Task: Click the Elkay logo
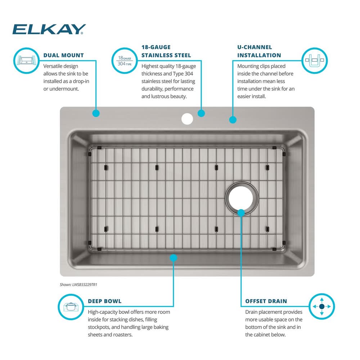pos(49,29)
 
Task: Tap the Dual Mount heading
pos(64,55)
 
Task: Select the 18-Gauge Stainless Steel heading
pos(166,51)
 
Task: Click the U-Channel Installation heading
pos(259,51)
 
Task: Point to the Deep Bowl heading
pos(105,301)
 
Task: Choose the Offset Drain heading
pos(266,301)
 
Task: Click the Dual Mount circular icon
pos(26,60)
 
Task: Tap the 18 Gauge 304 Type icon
pos(125,60)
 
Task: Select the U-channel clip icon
pos(314,60)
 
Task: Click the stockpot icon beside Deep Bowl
pos(71,307)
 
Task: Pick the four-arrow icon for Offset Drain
pos(321,306)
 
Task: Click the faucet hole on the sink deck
pos(187,119)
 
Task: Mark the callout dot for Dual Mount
pos(96,113)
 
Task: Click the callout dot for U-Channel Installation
pos(233,120)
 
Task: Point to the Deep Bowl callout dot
pos(174,258)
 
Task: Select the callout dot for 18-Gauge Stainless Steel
pos(201,113)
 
